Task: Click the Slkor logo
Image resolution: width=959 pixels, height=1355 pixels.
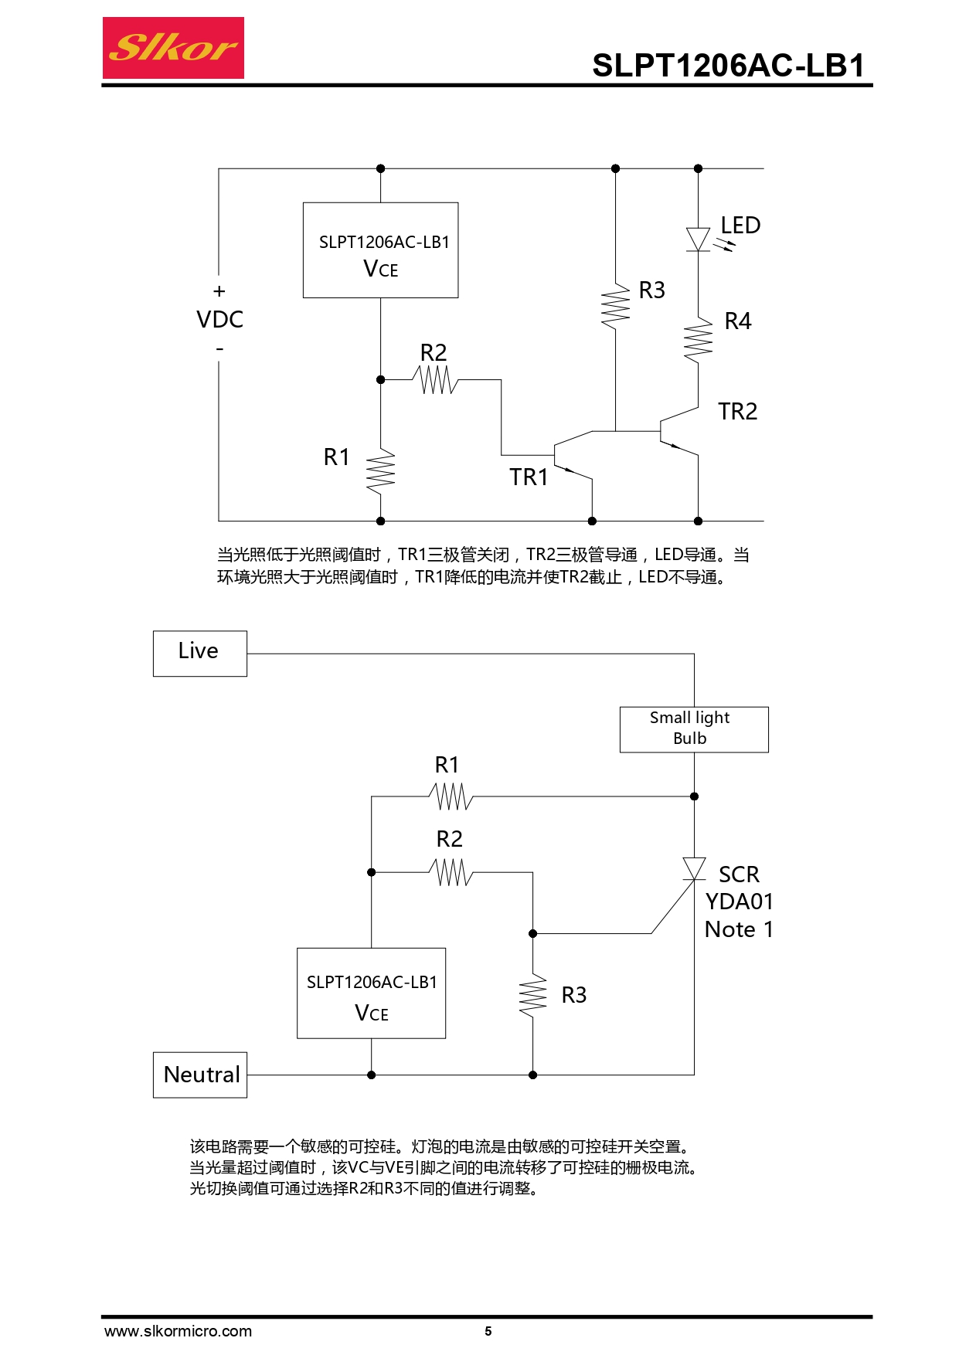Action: (173, 48)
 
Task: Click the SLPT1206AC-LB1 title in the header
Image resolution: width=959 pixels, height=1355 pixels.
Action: (728, 66)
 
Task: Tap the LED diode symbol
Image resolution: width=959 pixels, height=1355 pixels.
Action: (698, 239)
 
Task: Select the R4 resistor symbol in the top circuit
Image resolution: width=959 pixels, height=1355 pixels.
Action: (698, 340)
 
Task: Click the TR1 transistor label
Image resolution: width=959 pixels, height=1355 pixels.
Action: (529, 477)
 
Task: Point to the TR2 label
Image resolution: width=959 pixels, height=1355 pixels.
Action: (737, 412)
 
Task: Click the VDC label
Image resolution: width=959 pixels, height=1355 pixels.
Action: (219, 320)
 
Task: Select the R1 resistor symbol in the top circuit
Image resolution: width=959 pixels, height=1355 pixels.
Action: (380, 471)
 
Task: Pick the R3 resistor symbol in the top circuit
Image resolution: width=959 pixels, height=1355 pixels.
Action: (615, 306)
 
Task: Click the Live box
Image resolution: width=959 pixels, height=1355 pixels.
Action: (199, 654)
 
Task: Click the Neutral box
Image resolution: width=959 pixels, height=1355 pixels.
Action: (200, 1075)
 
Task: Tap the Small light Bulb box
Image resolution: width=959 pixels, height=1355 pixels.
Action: (693, 729)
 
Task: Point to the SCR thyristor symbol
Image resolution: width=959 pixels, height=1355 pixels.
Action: (694, 869)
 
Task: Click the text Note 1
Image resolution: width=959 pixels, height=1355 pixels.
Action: (739, 929)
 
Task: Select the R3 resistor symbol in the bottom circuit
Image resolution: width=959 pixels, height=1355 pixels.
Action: (532, 997)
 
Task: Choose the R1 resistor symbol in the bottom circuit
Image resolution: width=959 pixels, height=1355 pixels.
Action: (451, 796)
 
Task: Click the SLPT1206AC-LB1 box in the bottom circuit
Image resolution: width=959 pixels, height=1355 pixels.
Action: (371, 993)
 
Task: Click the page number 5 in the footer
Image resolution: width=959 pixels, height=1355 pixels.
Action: (488, 1331)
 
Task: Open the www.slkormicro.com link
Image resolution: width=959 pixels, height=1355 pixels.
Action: (178, 1331)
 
